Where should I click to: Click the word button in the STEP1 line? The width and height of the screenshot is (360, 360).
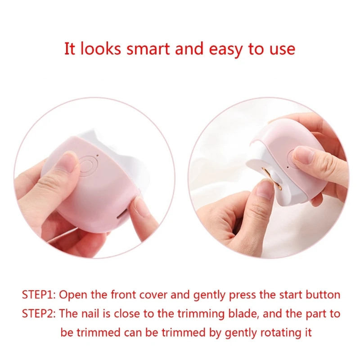point(323,295)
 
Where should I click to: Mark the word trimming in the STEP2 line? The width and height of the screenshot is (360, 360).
point(195,314)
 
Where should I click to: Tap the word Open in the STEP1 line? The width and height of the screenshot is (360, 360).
point(71,295)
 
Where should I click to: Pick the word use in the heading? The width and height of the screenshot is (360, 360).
point(283,49)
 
